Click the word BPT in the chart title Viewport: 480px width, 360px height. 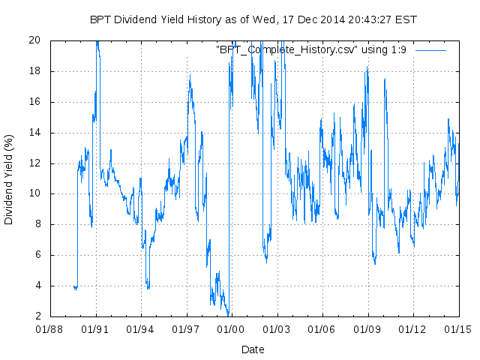[x=100, y=19]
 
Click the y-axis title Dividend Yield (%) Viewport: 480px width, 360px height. [x=9, y=180]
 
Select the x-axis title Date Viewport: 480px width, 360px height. [x=253, y=349]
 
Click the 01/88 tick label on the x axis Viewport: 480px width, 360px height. [x=50, y=328]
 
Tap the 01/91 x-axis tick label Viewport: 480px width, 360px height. [x=96, y=328]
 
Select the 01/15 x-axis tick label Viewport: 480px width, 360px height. [x=458, y=328]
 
